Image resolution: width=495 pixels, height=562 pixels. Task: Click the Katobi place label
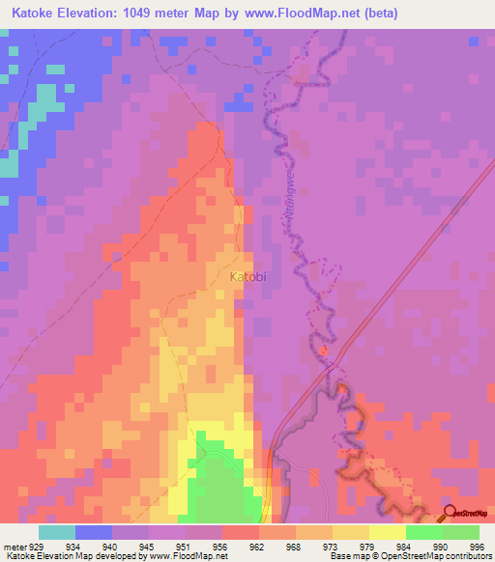247,277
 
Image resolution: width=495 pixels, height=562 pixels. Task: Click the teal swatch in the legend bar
57,532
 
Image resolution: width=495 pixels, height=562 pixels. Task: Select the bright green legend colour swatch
423,532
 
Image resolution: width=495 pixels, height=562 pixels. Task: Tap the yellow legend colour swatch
387,532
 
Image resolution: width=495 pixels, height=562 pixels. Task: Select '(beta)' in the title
375,13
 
